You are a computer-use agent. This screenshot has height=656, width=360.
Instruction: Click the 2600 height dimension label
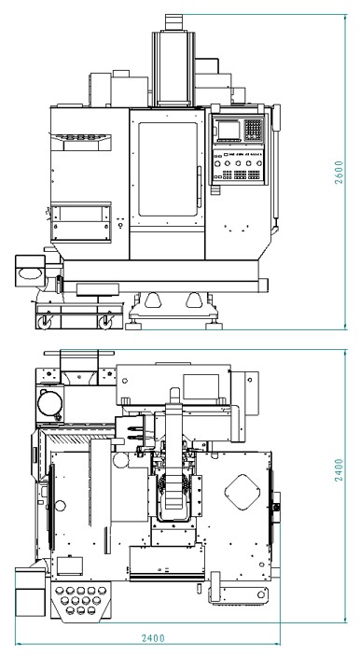point(339,172)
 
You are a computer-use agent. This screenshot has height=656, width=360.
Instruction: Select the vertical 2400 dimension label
point(339,469)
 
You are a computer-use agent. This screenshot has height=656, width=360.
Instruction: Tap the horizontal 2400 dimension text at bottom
point(153,638)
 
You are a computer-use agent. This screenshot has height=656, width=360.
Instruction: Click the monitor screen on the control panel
point(228,130)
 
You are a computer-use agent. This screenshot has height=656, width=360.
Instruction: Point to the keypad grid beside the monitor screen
point(253,130)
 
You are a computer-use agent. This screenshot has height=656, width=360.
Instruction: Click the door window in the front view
point(168,169)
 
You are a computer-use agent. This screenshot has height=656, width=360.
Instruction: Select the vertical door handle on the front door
point(199,187)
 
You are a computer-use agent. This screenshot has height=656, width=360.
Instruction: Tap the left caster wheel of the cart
point(45,322)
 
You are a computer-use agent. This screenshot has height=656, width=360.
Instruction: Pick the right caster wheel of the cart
point(105,322)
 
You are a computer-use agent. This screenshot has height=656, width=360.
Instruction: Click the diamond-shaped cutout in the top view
point(242,492)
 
